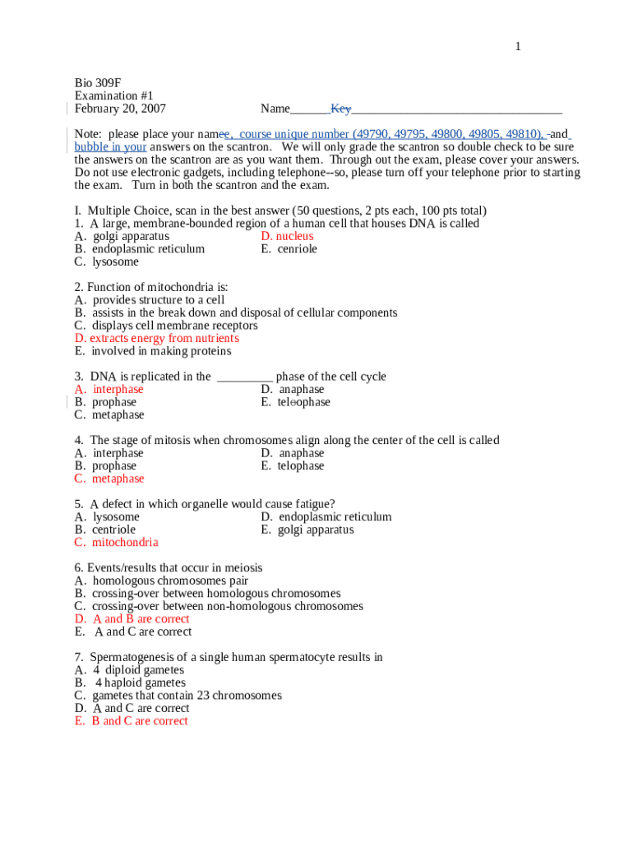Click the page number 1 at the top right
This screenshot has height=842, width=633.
coord(518,47)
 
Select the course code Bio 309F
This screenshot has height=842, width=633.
coord(98,83)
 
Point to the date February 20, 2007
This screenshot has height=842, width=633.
coord(120,109)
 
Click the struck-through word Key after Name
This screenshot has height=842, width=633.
coord(340,109)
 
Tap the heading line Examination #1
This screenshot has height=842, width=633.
coord(113,96)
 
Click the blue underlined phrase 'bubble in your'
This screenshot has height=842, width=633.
coord(110,147)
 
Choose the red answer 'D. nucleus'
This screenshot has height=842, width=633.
coord(287,236)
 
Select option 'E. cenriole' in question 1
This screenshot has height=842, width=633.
coord(289,249)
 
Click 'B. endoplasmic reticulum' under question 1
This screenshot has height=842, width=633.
coord(140,249)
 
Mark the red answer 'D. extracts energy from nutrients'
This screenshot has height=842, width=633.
coord(156,338)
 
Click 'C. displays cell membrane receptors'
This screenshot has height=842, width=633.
coord(165,326)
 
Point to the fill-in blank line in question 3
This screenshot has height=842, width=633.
coord(244,377)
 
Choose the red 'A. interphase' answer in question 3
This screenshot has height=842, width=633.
coord(109,389)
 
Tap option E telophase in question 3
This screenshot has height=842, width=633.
coord(295,402)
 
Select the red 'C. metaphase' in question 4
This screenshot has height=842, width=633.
coord(109,479)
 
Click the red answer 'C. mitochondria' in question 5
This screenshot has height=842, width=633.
coord(116,542)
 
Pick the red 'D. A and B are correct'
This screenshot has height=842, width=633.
coord(132,618)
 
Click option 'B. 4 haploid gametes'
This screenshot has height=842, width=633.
coord(130,682)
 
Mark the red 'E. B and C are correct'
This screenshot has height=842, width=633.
coord(131,720)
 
